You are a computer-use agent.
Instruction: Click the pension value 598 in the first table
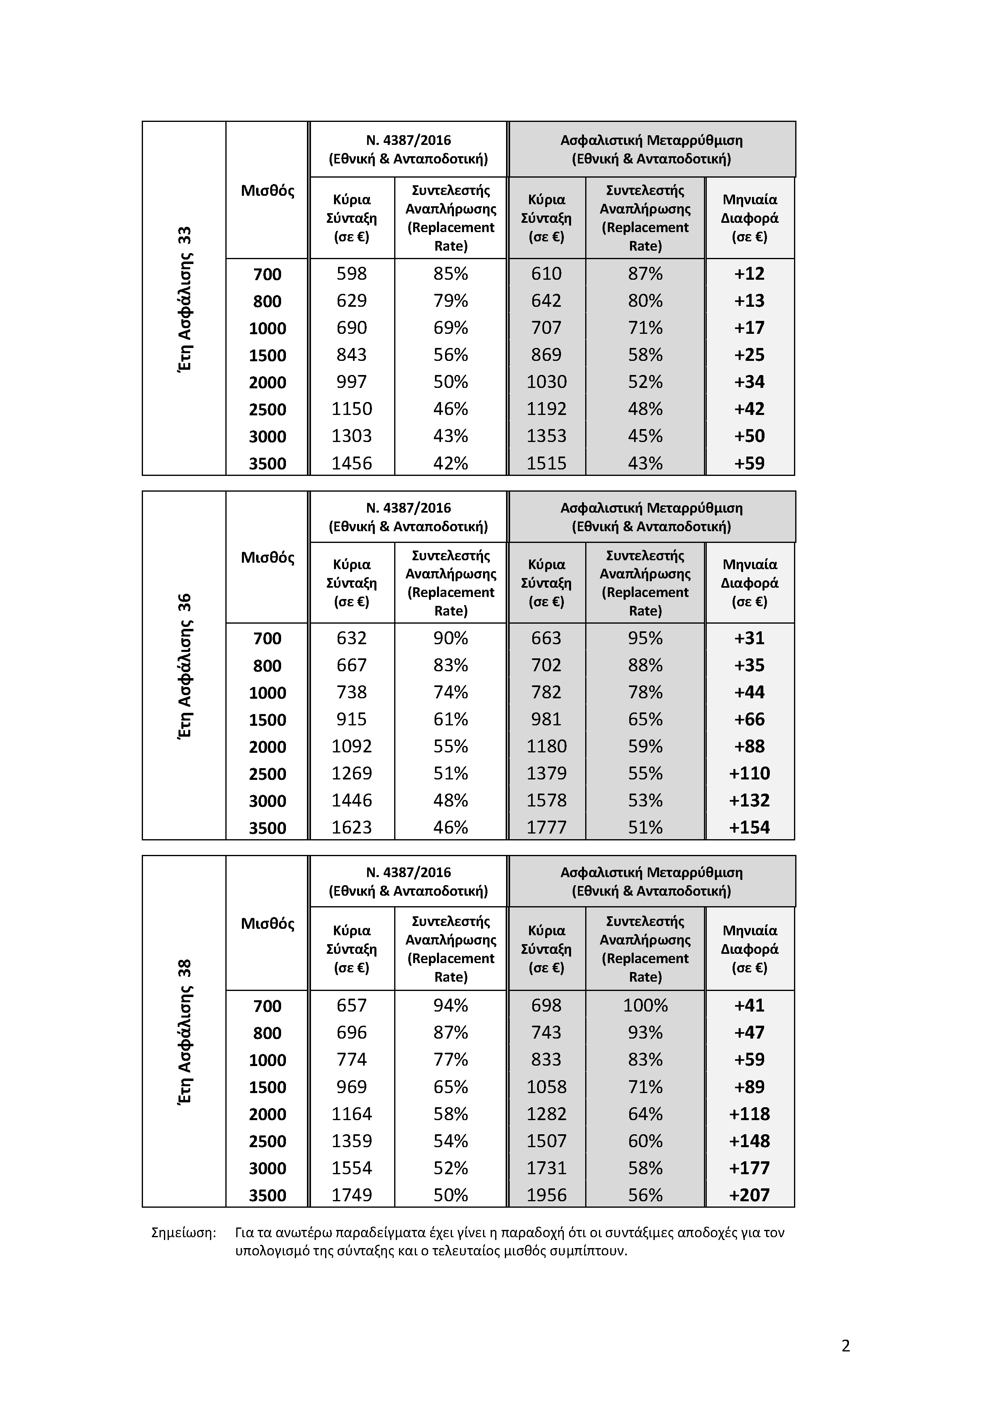(352, 274)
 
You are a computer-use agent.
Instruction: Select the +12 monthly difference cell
(749, 274)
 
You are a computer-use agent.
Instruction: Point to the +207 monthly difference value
(749, 1195)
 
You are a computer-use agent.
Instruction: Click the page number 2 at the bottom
(845, 1346)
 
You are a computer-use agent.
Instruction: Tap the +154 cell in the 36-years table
(749, 827)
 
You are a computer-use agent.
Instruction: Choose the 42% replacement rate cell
(450, 463)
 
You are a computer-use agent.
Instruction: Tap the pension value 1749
(352, 1195)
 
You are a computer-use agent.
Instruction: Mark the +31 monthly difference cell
(749, 638)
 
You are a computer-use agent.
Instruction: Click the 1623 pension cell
(352, 827)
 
